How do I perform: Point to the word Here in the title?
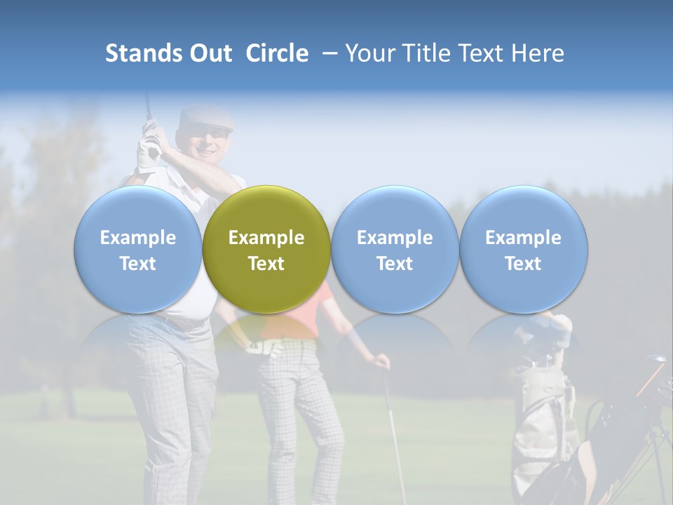coord(536,53)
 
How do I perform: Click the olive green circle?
coord(266,249)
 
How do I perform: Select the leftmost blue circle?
coord(137,249)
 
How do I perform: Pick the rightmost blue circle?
coord(524,249)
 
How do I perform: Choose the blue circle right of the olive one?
coord(395,249)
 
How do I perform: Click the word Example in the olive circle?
coord(266,238)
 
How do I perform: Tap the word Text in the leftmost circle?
coord(137,264)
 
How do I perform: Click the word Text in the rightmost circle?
coord(524,264)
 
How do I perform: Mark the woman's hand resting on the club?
coord(381,362)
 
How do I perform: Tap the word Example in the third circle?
coord(395,238)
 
